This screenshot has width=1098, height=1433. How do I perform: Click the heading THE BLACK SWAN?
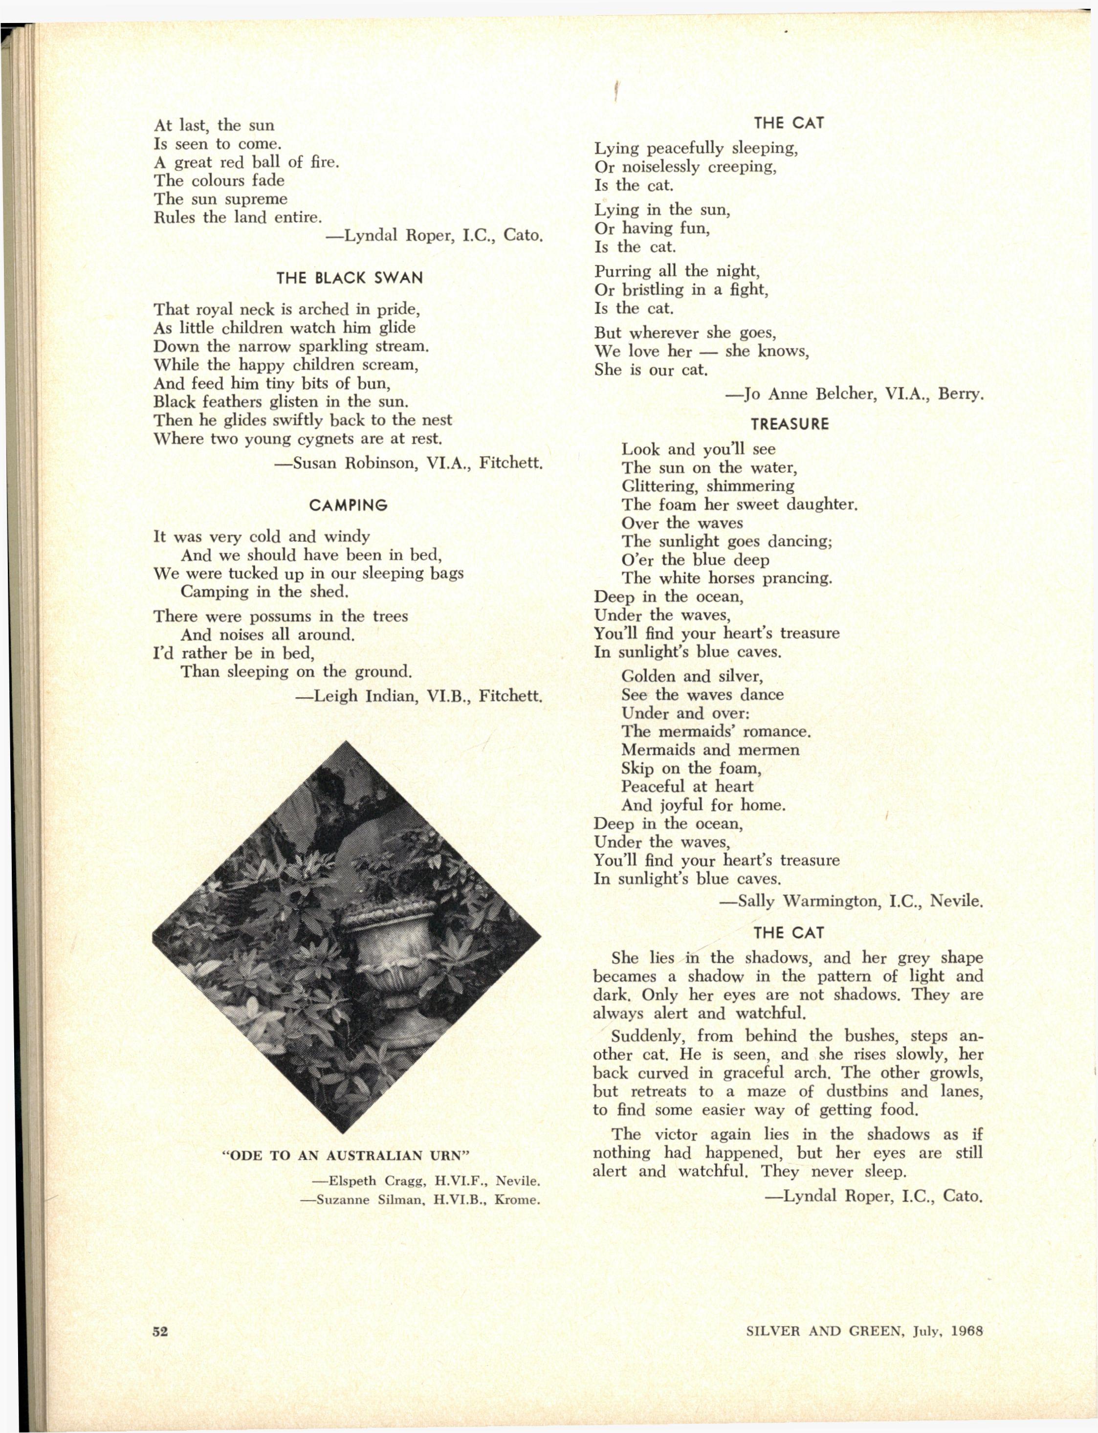(349, 278)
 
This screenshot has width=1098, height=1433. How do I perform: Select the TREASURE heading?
(790, 424)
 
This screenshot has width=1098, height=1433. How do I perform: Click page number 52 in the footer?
(160, 1331)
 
